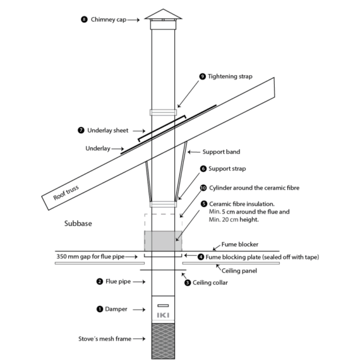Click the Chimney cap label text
click(109, 20)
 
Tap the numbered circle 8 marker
click(84, 20)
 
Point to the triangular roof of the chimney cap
click(163, 15)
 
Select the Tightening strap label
click(230, 76)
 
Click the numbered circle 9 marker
click(203, 76)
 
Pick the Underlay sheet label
click(107, 130)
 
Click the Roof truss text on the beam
click(66, 193)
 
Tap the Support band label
click(221, 152)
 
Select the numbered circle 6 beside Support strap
click(203, 169)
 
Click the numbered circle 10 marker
click(203, 188)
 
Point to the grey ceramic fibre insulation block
click(163, 241)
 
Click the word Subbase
click(78, 224)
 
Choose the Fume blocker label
click(240, 244)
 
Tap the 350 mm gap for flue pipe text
click(90, 256)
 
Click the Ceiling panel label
click(239, 271)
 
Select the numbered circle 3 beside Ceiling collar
click(188, 282)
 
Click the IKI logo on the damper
click(163, 315)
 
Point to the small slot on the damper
click(163, 306)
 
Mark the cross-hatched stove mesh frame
click(163, 341)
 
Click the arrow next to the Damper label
click(139, 309)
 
